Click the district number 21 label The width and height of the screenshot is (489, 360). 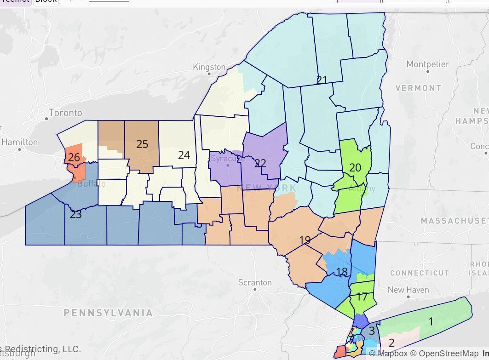(x=322, y=80)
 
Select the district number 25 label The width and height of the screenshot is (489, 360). (x=142, y=144)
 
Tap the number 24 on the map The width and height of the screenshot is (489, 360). (x=184, y=155)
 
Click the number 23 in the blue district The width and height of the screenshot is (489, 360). (x=75, y=214)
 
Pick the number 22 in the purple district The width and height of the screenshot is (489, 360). (x=260, y=163)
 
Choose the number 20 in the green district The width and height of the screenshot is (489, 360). (x=355, y=168)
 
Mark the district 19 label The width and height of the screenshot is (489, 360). (x=305, y=240)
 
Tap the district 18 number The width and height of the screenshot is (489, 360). (x=341, y=272)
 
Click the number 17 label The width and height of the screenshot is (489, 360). (x=362, y=297)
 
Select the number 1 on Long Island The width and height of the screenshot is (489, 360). (x=431, y=321)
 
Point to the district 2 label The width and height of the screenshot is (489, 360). (x=391, y=343)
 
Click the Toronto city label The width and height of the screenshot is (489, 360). (x=65, y=113)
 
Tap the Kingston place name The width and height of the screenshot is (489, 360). (x=209, y=67)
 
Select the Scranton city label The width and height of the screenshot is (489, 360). (x=255, y=282)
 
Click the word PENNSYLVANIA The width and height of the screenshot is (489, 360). (x=108, y=313)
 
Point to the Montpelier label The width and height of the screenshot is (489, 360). (x=428, y=64)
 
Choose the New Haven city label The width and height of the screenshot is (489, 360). (x=408, y=290)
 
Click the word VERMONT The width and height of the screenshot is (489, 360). (x=418, y=88)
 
